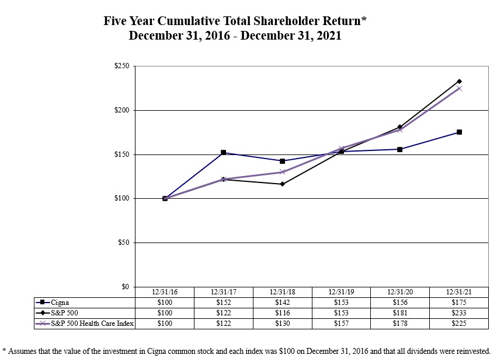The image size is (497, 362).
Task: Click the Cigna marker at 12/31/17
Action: click(x=224, y=153)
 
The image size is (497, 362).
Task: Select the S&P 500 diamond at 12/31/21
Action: click(x=459, y=81)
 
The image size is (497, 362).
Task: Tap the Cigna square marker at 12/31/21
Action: click(x=459, y=132)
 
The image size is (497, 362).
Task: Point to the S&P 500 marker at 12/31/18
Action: click(x=283, y=184)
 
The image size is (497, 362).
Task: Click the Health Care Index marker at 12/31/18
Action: click(x=283, y=172)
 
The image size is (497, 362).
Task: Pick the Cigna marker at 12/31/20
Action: click(x=400, y=149)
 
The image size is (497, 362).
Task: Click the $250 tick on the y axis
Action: click(x=122, y=66)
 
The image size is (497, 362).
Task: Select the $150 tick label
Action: click(x=122, y=154)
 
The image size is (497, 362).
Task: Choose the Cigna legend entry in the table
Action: click(x=60, y=303)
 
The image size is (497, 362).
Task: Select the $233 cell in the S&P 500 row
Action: click(x=458, y=314)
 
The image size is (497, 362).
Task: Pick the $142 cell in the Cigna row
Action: click(x=282, y=303)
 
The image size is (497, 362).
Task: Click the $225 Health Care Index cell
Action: click(x=458, y=324)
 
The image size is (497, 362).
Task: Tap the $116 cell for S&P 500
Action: click(x=282, y=314)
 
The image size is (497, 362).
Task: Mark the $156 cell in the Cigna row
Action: click(x=399, y=303)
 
